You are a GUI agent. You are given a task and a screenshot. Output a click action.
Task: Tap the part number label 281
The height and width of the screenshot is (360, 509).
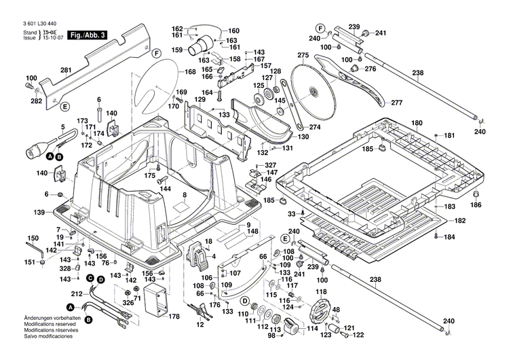tap(66, 70)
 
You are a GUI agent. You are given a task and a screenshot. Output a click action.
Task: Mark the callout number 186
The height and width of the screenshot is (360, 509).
tap(476, 204)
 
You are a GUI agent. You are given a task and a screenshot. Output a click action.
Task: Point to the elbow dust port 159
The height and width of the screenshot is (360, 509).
tap(201, 46)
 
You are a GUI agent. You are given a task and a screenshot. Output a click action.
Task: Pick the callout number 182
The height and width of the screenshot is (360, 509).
tap(459, 221)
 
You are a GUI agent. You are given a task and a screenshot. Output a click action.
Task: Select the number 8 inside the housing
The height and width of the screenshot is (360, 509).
tap(183, 196)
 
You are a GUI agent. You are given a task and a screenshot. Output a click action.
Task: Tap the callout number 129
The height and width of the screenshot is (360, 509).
tap(200, 100)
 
